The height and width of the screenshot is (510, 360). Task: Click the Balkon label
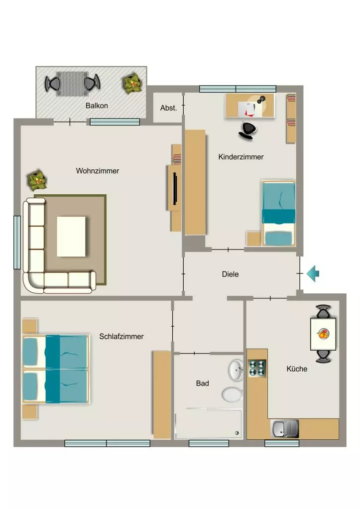tap(97, 106)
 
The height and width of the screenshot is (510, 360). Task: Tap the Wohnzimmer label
tap(98, 171)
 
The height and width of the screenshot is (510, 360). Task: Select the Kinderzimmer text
tap(241, 157)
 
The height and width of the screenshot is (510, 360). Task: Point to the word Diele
tap(230, 274)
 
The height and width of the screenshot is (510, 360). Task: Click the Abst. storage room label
tap(168, 108)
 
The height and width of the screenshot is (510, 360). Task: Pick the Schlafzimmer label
tap(121, 337)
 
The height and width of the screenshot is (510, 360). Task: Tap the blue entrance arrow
tap(313, 273)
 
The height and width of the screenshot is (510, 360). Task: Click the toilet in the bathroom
tap(232, 394)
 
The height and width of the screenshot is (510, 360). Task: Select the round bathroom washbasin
tap(236, 370)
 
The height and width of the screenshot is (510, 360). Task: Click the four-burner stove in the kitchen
tap(257, 369)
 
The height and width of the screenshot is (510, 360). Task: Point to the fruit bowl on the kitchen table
tap(323, 334)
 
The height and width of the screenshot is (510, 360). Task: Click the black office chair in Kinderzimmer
tap(248, 130)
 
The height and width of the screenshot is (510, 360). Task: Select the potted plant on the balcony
tap(132, 83)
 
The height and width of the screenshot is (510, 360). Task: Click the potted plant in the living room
tap(37, 180)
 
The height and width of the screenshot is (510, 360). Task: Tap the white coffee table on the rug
tap(71, 237)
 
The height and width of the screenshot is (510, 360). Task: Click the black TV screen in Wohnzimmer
tap(175, 189)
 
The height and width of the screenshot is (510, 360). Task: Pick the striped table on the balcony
tap(72, 84)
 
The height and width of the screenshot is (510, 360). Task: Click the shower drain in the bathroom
tap(237, 433)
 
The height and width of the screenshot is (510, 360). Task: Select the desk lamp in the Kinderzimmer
tap(261, 99)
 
